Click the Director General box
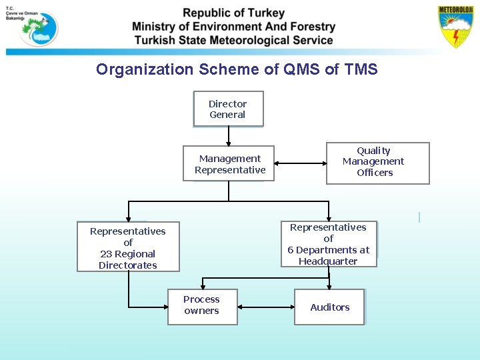click(x=228, y=109)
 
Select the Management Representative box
click(x=229, y=163)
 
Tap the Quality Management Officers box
click(x=377, y=163)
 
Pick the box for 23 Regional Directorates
click(x=128, y=247)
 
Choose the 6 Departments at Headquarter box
click(x=329, y=244)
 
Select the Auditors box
click(x=329, y=307)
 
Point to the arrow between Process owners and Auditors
click(x=265, y=307)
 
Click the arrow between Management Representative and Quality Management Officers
click(x=300, y=163)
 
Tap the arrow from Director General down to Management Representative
click(x=229, y=136)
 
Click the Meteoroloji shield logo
click(x=455, y=27)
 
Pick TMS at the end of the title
click(x=361, y=69)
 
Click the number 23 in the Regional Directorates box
click(x=107, y=254)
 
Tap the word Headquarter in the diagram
click(x=328, y=261)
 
